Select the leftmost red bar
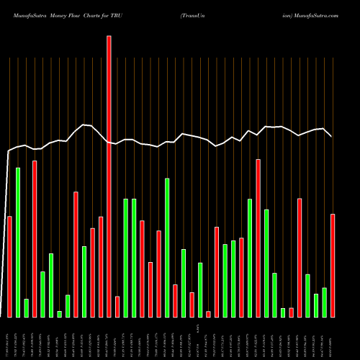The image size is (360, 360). [x=9, y=266]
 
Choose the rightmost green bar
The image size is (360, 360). [x=325, y=302]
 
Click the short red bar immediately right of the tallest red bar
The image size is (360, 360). [x=117, y=307]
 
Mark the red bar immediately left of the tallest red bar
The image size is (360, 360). [x=101, y=266]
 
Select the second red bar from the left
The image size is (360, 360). [x=35, y=238]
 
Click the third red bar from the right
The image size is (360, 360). [x=291, y=312]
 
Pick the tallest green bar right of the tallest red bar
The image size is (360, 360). [x=167, y=248]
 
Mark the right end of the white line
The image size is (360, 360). [x=331, y=136]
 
